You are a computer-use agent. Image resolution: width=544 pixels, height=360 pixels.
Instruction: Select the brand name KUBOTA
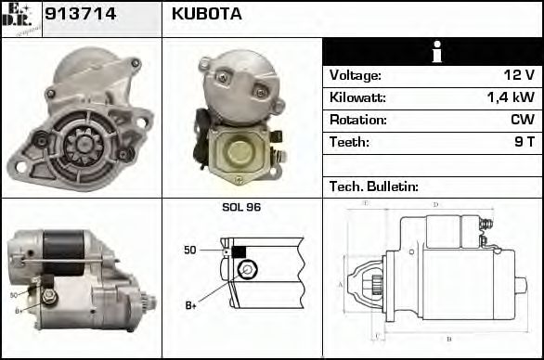click(x=207, y=15)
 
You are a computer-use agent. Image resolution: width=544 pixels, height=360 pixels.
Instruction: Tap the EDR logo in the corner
click(x=20, y=19)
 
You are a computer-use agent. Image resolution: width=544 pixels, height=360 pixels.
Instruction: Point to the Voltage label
click(x=356, y=75)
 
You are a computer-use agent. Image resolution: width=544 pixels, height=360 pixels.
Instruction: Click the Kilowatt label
click(x=357, y=97)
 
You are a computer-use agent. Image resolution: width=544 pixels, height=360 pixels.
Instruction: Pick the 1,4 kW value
click(x=512, y=97)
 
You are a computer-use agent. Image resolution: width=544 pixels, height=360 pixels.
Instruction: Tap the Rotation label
click(x=357, y=120)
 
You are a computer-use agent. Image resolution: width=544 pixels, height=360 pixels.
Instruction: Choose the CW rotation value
click(x=522, y=120)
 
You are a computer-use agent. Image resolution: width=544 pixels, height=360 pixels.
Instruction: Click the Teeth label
click(x=349, y=142)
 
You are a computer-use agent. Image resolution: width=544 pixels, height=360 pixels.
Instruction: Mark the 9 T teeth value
click(x=524, y=142)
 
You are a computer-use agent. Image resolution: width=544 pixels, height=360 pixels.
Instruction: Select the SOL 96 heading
click(x=241, y=207)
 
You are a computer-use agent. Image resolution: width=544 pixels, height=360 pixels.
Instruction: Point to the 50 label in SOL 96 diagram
click(x=190, y=251)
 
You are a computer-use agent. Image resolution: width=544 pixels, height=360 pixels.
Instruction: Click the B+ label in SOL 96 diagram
click(x=191, y=304)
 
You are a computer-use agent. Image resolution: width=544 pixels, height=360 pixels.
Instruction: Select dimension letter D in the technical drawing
click(x=435, y=205)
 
